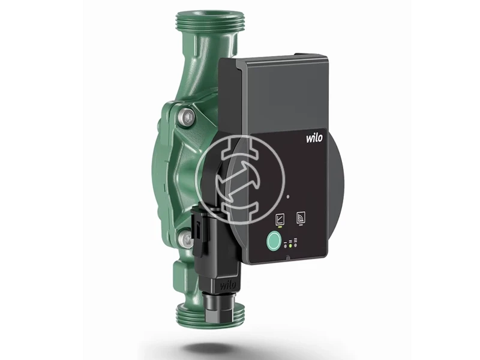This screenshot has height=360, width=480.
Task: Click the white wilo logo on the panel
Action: (x=314, y=137)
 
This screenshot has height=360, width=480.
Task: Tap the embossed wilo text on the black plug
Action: (x=228, y=286)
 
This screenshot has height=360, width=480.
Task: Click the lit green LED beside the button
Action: (x=290, y=246)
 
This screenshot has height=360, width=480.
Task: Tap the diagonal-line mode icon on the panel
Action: (x=280, y=218)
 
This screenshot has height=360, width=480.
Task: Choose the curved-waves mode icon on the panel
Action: (x=299, y=217)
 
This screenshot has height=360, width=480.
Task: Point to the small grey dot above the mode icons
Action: (x=288, y=197)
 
